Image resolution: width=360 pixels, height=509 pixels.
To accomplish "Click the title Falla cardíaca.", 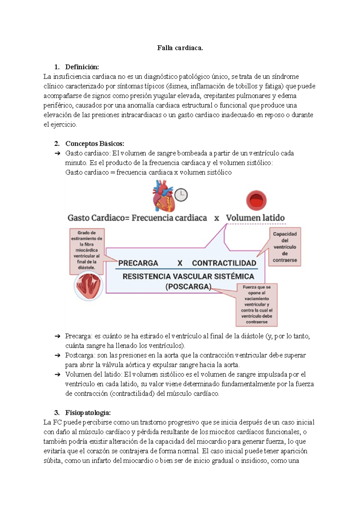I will [x=180, y=48].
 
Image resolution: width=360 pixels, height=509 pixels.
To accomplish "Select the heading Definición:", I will [x=82, y=67].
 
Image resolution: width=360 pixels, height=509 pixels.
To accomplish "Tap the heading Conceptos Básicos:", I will [x=94, y=144].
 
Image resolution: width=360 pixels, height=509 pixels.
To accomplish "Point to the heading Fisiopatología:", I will [x=88, y=413].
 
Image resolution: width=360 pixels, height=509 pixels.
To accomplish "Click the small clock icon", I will [x=181, y=195].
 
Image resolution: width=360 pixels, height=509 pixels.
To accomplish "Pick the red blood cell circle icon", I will [x=256, y=200].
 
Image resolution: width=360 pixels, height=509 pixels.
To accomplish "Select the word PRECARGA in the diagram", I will [x=138, y=263].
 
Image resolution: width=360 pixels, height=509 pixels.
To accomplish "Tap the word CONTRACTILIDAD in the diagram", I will [x=224, y=263].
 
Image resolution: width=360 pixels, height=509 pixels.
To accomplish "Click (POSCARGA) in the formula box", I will [x=188, y=287].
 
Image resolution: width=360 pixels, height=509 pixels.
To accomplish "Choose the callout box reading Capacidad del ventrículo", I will [x=285, y=247].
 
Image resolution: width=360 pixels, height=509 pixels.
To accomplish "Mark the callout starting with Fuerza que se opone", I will [x=257, y=305].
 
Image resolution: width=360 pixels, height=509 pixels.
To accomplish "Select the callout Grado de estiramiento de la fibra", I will [x=87, y=250].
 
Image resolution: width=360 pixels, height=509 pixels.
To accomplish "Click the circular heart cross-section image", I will [x=88, y=286].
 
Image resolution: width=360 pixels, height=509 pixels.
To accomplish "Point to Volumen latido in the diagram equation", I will [x=255, y=218].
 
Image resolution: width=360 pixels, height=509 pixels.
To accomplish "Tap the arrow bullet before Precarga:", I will [x=58, y=336].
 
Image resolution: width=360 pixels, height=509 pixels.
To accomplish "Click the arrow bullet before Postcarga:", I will [x=58, y=356].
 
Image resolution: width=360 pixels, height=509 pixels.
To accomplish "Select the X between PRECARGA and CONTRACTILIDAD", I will [x=180, y=263].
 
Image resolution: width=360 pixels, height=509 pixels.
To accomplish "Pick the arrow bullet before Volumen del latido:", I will [x=58, y=375].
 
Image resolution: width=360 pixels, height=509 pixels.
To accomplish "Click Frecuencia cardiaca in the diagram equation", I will [x=169, y=218].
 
